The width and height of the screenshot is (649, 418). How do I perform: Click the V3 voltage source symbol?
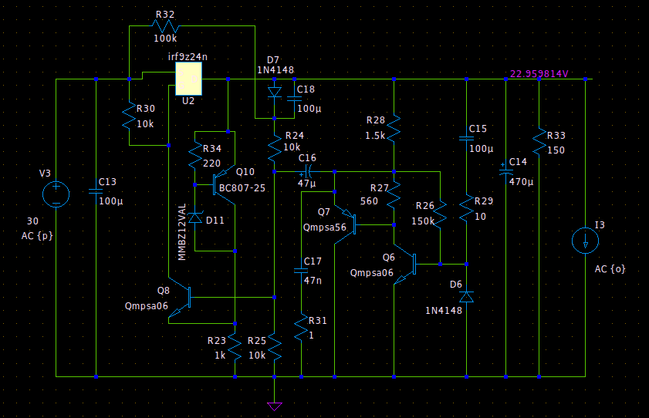pos(56,194)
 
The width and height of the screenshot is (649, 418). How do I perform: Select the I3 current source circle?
pos(585,240)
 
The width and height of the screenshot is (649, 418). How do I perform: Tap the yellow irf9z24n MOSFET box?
pos(189,79)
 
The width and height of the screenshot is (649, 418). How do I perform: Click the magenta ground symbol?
pos(275,406)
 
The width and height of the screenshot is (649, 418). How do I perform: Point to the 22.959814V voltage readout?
pos(539,73)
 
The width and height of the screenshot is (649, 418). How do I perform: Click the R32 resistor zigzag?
pos(165,26)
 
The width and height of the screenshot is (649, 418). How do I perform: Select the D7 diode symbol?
pos(275,93)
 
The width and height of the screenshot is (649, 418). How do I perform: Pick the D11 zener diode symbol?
pos(195,217)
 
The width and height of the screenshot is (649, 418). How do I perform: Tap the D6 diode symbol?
pos(466,297)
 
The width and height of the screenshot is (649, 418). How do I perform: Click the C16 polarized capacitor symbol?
pos(308,171)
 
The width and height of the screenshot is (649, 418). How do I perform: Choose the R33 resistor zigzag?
pos(539,141)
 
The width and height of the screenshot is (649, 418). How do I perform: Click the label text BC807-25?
pos(242,188)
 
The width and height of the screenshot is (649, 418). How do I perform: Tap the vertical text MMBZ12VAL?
pos(181,232)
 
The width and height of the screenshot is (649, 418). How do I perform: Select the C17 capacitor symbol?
pos(301,271)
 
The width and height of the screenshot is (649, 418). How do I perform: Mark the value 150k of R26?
pos(423,221)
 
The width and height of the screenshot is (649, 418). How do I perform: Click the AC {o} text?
pos(610,269)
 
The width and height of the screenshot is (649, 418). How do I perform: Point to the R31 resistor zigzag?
pos(301,327)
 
